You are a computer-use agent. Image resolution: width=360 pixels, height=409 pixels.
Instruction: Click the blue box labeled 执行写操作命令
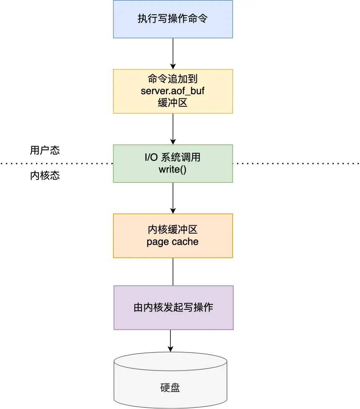(173, 19)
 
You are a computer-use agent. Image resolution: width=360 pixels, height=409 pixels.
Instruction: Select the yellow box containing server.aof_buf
(173, 91)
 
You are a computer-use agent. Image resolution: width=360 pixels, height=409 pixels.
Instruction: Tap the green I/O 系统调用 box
(173, 163)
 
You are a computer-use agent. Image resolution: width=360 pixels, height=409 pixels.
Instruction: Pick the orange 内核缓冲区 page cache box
(173, 236)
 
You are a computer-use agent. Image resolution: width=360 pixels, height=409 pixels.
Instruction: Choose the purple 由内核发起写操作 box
(173, 308)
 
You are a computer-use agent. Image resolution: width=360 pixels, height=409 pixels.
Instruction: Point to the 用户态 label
(45, 150)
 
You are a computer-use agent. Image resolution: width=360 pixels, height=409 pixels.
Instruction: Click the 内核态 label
(45, 175)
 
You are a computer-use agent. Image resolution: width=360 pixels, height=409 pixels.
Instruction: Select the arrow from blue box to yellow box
(173, 54)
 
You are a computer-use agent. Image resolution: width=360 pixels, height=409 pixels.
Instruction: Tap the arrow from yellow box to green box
(173, 129)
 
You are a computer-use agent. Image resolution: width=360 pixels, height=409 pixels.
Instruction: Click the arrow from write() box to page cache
(173, 198)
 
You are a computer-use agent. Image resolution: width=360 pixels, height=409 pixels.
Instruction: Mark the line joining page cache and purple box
(173, 272)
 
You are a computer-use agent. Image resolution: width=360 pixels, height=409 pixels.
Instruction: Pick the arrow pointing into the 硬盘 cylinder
(170, 341)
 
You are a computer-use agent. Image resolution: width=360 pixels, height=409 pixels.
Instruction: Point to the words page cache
(172, 242)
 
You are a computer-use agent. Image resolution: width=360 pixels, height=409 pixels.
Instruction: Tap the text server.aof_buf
(172, 91)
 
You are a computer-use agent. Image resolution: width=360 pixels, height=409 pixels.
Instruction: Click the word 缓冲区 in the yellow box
(172, 103)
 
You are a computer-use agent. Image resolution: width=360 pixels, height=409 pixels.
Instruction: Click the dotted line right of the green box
(295, 163)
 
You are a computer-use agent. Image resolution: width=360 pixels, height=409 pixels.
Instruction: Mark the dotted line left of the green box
(57, 163)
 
